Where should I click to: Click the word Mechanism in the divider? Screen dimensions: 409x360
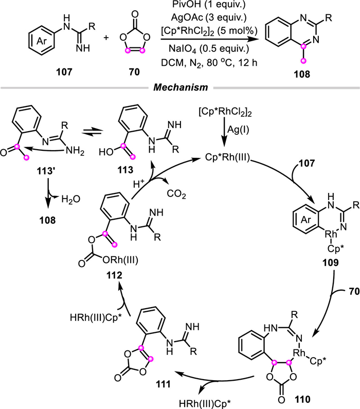pos(180,89)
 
